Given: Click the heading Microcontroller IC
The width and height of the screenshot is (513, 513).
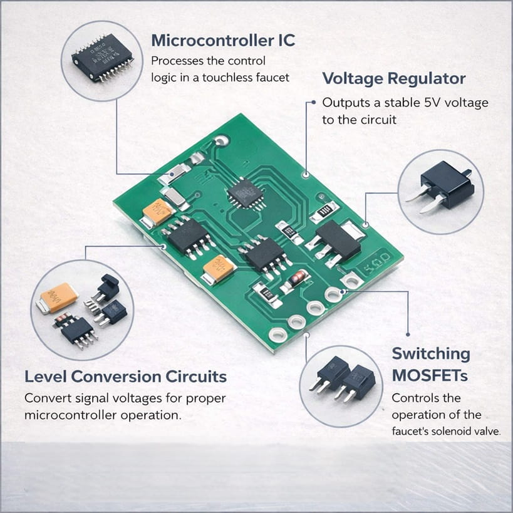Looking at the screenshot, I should pos(223,41).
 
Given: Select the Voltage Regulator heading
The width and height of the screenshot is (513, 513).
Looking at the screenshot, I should pos(393,78).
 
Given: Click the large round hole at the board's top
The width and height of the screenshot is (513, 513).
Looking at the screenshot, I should pos(220,142).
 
